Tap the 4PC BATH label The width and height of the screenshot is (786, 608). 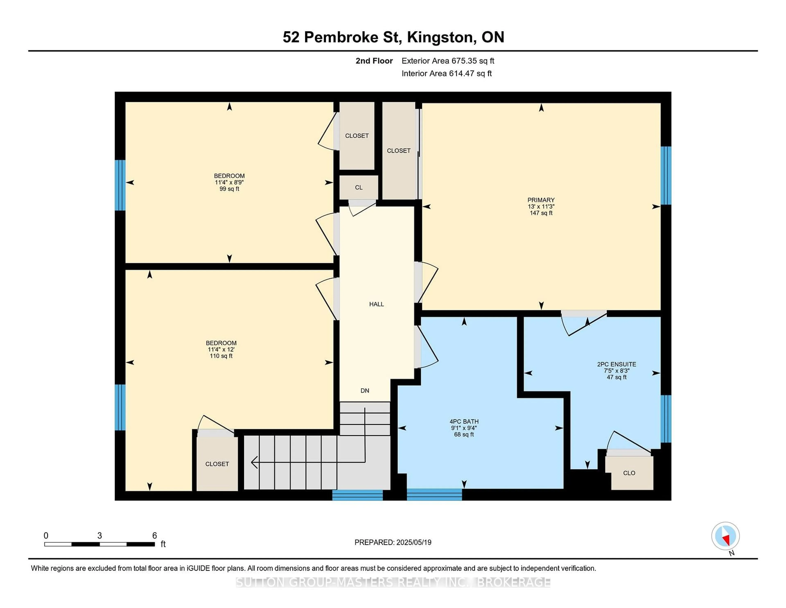(464, 421)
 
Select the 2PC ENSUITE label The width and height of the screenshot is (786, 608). (617, 364)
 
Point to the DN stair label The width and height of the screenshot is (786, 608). (365, 390)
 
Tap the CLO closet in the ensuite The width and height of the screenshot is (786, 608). (629, 473)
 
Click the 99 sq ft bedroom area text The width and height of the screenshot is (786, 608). (229, 189)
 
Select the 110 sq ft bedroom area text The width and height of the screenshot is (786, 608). (221, 356)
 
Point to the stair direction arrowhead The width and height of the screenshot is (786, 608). (254, 462)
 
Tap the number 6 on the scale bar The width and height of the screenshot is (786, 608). (154, 536)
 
